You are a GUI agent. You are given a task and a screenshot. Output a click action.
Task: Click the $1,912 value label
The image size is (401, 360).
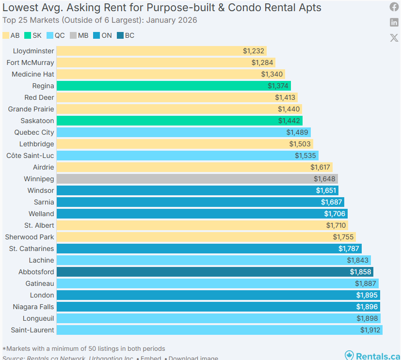pyautogui.click(x=370, y=330)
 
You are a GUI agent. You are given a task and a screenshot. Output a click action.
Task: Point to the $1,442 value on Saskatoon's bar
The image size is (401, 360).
pyautogui.click(x=289, y=121)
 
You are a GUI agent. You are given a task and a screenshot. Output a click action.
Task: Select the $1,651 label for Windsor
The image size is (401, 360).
pyautogui.click(x=326, y=190)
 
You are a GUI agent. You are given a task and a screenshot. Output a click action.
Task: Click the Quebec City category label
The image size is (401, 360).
pyautogui.click(x=34, y=132)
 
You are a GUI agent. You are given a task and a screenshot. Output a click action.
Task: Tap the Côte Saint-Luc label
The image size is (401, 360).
pyautogui.click(x=30, y=156)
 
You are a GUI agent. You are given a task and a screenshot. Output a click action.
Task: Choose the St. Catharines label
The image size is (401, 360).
pyautogui.click(x=32, y=249)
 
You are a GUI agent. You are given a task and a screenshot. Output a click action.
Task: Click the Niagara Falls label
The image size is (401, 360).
pyautogui.click(x=33, y=307)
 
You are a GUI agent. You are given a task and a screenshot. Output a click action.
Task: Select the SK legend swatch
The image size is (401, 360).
pyautogui.click(x=28, y=35)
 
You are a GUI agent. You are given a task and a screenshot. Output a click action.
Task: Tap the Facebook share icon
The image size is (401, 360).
pyautogui.click(x=394, y=7)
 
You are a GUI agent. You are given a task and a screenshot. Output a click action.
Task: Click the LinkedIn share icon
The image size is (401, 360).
pyautogui.click(x=394, y=22)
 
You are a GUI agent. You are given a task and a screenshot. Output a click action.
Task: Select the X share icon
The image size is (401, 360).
pyautogui.click(x=394, y=38)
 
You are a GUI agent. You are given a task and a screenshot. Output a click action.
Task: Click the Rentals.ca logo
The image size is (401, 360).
pyautogui.click(x=372, y=356)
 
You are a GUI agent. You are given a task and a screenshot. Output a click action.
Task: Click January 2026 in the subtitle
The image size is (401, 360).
pyautogui.click(x=171, y=20)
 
